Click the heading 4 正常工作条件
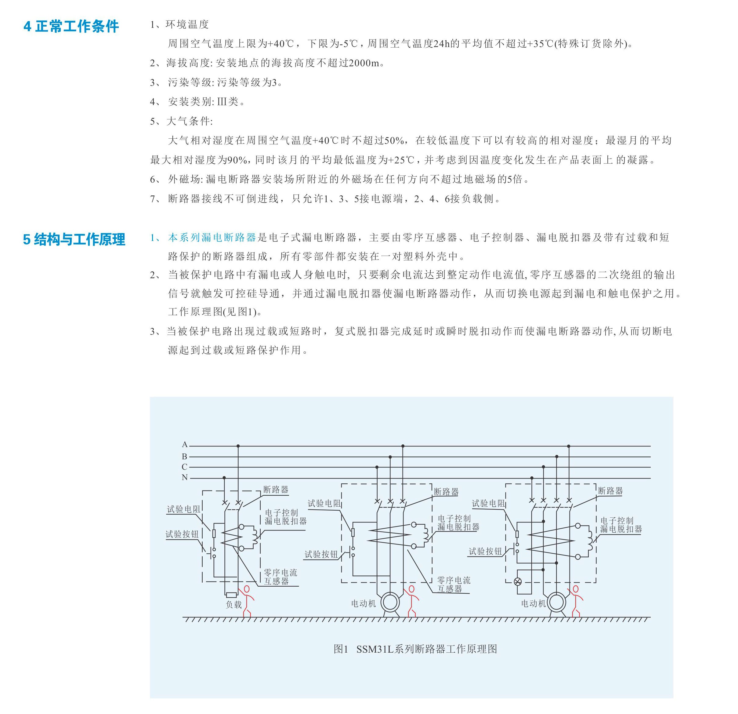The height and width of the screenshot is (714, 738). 71,26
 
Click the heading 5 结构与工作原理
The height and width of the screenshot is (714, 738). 74,240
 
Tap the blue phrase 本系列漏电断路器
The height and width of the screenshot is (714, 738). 212,237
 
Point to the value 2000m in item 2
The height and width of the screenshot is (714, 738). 364,63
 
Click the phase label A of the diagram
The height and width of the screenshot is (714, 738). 184,445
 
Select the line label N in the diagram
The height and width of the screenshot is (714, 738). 184,477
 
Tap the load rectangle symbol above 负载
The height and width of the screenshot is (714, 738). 231,595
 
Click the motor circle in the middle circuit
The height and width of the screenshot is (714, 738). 390,602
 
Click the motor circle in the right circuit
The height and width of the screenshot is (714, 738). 556,602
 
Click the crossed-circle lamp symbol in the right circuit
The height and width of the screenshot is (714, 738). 518,581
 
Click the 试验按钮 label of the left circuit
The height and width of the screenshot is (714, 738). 182,534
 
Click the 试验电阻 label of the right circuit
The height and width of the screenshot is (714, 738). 488,503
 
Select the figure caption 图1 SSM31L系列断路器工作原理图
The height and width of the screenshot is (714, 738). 415,649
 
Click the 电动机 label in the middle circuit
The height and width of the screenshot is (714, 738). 363,604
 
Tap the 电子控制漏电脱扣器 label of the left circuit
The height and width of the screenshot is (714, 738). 285,517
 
